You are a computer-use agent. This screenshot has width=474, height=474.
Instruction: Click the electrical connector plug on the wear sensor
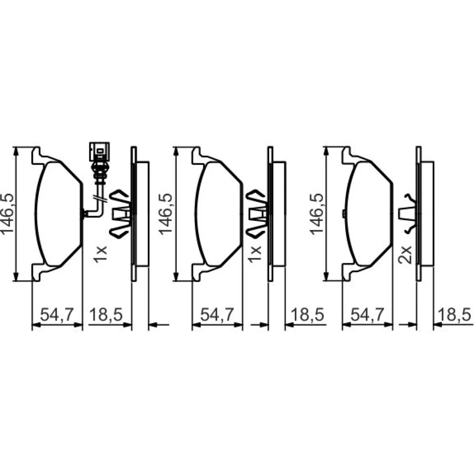click(99, 152)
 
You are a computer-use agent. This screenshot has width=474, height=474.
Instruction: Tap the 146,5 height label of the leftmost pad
click(8, 214)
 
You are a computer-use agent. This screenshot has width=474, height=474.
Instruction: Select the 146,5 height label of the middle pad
click(165, 214)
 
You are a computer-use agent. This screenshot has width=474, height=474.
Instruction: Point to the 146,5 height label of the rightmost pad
click(316, 214)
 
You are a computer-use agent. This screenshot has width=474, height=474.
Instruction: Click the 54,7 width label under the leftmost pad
click(57, 315)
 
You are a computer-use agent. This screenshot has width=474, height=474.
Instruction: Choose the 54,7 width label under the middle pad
click(217, 315)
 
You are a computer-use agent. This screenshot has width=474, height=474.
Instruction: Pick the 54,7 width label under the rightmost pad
click(367, 315)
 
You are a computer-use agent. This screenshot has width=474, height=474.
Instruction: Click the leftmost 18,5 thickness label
click(106, 315)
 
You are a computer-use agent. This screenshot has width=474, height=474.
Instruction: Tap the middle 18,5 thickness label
click(307, 315)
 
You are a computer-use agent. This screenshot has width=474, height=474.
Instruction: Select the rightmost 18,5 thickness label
click(454, 315)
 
